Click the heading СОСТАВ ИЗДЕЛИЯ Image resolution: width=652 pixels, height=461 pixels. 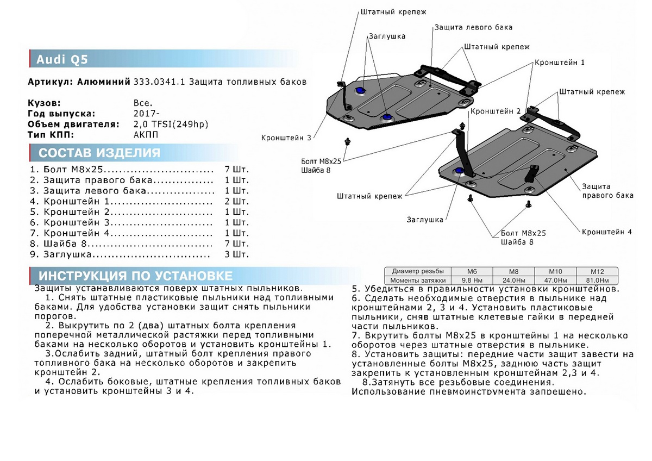tap(99, 153)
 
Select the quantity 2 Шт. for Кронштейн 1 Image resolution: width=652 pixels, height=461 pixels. tap(237, 201)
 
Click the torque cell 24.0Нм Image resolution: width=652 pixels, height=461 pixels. tap(513, 279)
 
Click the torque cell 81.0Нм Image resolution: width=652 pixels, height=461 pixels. tap(597, 279)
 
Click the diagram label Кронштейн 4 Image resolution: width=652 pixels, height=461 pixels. tap(606, 232)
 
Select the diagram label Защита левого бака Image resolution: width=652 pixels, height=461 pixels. tap(473, 27)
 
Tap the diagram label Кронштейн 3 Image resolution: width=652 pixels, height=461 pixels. tap(286, 138)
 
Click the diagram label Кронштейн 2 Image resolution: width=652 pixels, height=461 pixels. tap(495, 111)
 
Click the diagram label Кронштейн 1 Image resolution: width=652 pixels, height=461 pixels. tap(559, 63)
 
